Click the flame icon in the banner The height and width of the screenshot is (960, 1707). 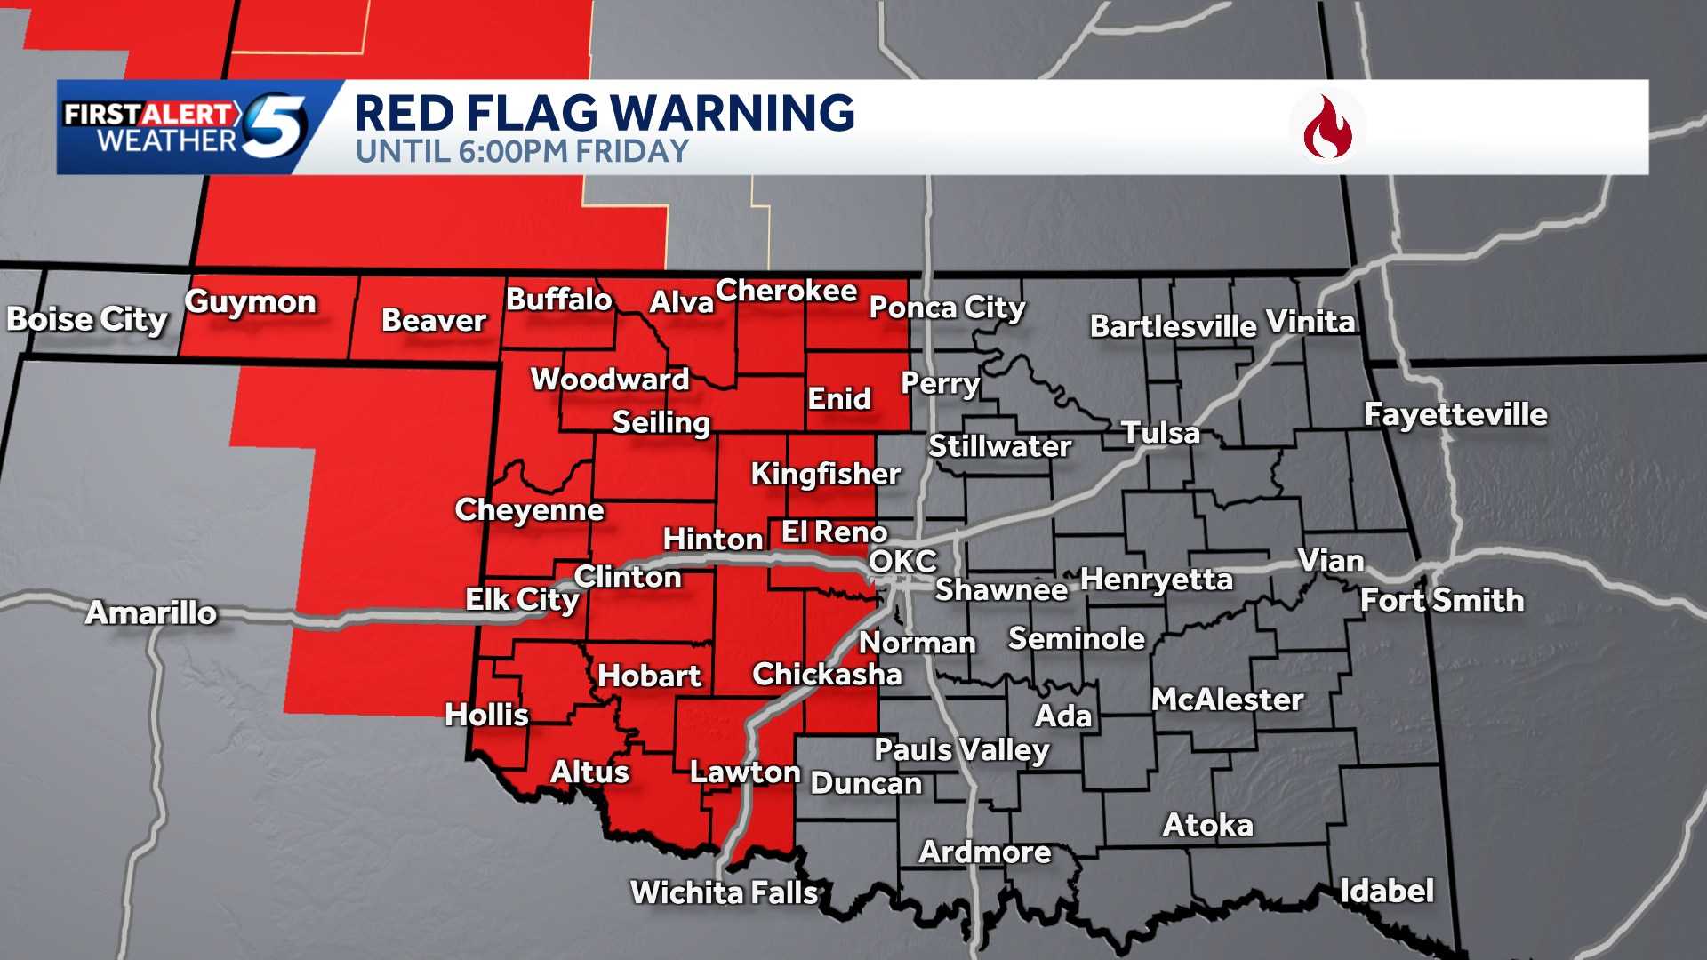[1327, 127]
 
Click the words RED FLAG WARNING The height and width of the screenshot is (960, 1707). [605, 113]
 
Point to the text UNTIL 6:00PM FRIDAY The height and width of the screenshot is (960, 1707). [522, 152]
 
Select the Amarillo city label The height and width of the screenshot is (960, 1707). [151, 612]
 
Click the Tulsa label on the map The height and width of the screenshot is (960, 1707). [1160, 433]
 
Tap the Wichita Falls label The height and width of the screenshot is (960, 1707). [724, 892]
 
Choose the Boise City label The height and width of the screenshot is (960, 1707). [87, 319]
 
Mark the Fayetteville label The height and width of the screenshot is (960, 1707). [1455, 414]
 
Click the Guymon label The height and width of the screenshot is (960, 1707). [251, 302]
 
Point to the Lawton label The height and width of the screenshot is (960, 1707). [745, 772]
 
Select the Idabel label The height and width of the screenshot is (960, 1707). [1386, 890]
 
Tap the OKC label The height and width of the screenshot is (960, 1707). [902, 561]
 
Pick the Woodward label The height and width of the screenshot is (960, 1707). [610, 380]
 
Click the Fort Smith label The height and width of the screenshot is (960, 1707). [1442, 600]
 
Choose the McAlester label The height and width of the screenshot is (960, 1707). [1227, 700]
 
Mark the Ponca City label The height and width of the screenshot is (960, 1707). [947, 308]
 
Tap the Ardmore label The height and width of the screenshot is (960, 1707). [985, 852]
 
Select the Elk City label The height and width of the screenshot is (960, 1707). [522, 600]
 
